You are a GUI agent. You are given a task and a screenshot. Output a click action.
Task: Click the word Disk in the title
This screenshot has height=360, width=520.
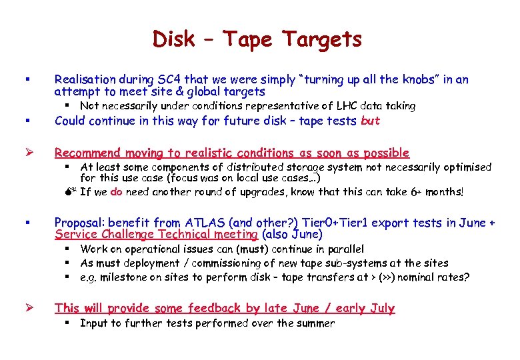(x=174, y=39)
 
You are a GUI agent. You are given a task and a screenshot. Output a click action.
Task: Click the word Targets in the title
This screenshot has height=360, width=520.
(x=322, y=40)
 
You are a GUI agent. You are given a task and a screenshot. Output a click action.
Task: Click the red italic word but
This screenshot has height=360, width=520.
(x=370, y=121)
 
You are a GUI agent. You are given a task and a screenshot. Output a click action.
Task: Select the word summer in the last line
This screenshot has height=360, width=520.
(x=316, y=323)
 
